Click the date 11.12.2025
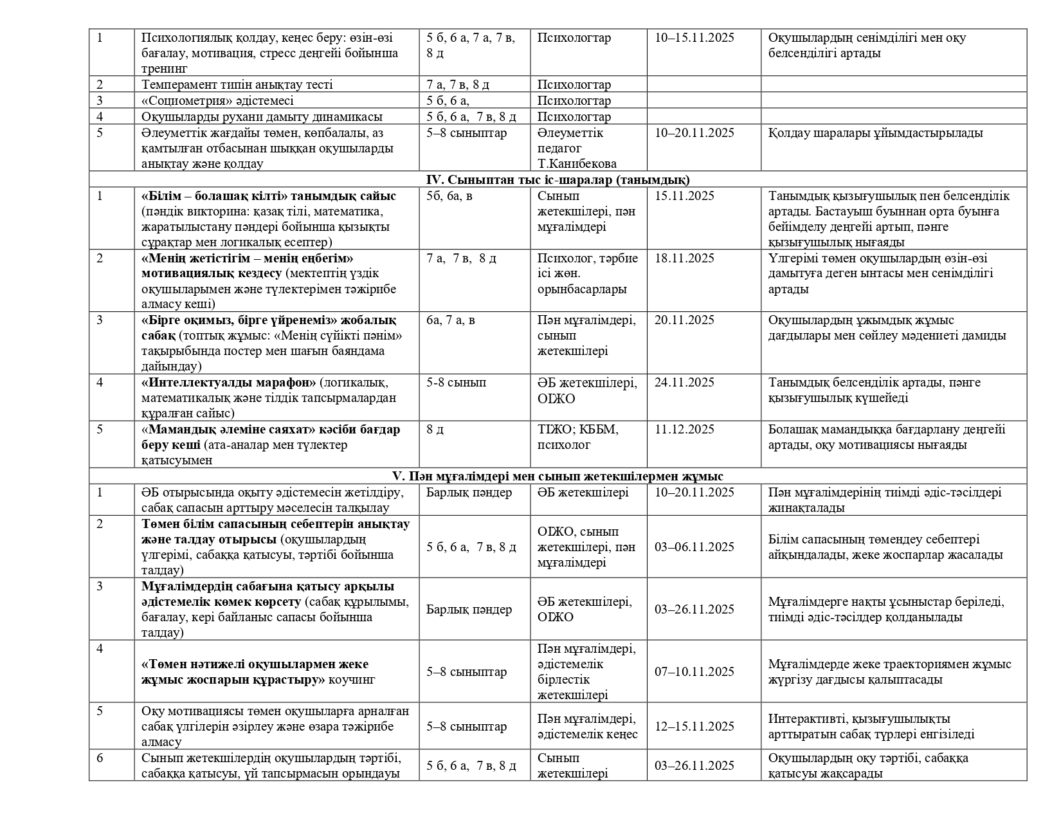point(684,430)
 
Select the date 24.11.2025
point(684,383)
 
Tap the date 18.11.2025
point(684,259)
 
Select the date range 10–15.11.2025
point(694,38)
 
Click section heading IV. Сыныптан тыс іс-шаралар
point(558,180)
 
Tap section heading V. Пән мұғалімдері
point(558,477)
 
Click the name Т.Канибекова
point(577,164)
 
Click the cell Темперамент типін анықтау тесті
point(237,85)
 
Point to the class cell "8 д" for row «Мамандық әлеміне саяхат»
point(435,430)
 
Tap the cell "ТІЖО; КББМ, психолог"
point(577,437)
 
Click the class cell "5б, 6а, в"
point(449,196)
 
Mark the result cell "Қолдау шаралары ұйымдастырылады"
point(875,133)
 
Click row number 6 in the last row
point(100,758)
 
